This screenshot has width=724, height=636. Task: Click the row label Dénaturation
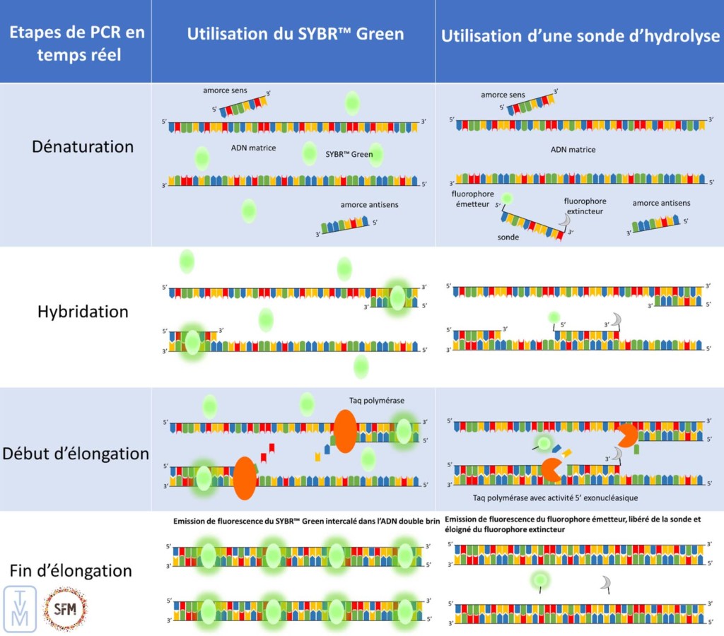click(83, 147)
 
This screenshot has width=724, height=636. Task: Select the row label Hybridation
click(83, 312)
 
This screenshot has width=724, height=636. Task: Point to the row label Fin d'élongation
click(71, 570)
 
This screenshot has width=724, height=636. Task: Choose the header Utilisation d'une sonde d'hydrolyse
click(580, 36)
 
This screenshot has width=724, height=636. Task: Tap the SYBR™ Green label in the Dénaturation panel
click(349, 153)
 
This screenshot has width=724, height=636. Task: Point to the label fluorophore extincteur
click(585, 206)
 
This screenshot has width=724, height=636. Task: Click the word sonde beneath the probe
click(508, 237)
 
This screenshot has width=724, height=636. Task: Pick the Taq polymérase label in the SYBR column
click(377, 401)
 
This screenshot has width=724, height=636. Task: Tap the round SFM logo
click(65, 608)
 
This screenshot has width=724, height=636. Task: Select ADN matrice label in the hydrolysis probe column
click(573, 150)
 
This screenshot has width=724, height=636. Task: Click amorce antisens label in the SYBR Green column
click(369, 205)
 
